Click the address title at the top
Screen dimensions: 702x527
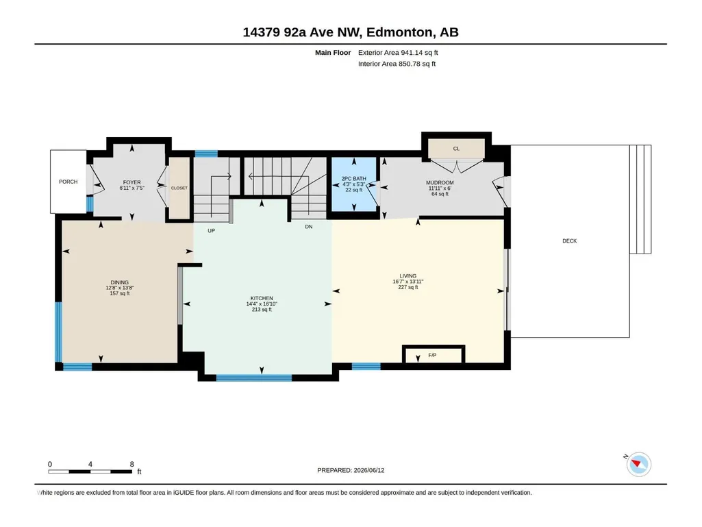point(351,32)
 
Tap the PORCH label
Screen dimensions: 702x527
point(68,182)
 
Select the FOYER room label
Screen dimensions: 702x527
point(131,182)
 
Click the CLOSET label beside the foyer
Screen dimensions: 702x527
point(179,188)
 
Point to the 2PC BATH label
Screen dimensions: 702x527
point(353,178)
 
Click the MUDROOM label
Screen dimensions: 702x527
point(440,182)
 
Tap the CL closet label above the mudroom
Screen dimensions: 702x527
point(456,148)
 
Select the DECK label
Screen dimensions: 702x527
point(570,241)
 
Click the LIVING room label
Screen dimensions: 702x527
point(408,276)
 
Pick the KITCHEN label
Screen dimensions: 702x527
point(262,298)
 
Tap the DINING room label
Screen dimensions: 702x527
point(120,282)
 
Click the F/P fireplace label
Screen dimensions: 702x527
point(432,355)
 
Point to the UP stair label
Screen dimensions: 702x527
point(212,231)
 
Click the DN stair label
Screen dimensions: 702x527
point(308,227)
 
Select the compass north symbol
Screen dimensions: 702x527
point(638,464)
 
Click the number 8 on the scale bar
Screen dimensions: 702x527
point(131,464)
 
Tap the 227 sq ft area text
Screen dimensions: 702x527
point(408,287)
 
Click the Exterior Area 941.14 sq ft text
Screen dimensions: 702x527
point(398,53)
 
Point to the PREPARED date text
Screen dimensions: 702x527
point(351,470)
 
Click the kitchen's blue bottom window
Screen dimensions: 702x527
point(254,378)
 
